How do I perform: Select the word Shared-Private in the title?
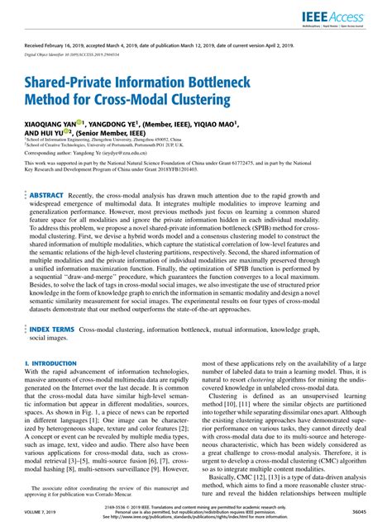68,85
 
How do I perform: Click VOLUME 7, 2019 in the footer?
41,513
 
